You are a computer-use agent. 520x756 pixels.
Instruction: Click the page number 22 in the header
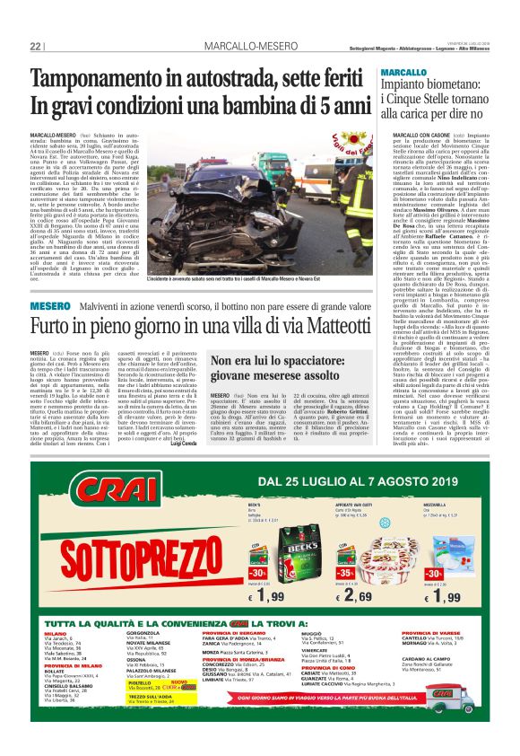pyautogui.click(x=36, y=45)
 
